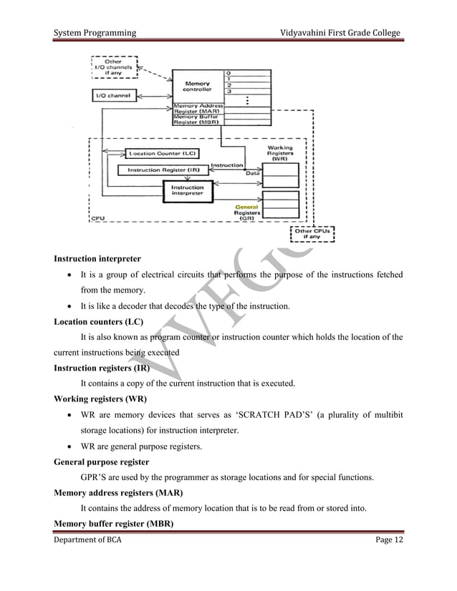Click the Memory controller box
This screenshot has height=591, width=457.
tap(197, 87)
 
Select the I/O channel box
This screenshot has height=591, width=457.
tap(115, 95)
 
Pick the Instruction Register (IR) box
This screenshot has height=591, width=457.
tap(163, 170)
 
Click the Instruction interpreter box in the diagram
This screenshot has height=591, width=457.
tap(188, 190)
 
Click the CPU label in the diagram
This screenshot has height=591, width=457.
tap(98, 218)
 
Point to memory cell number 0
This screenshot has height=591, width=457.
tap(228, 73)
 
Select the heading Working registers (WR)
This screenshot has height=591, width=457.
tap(101, 399)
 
